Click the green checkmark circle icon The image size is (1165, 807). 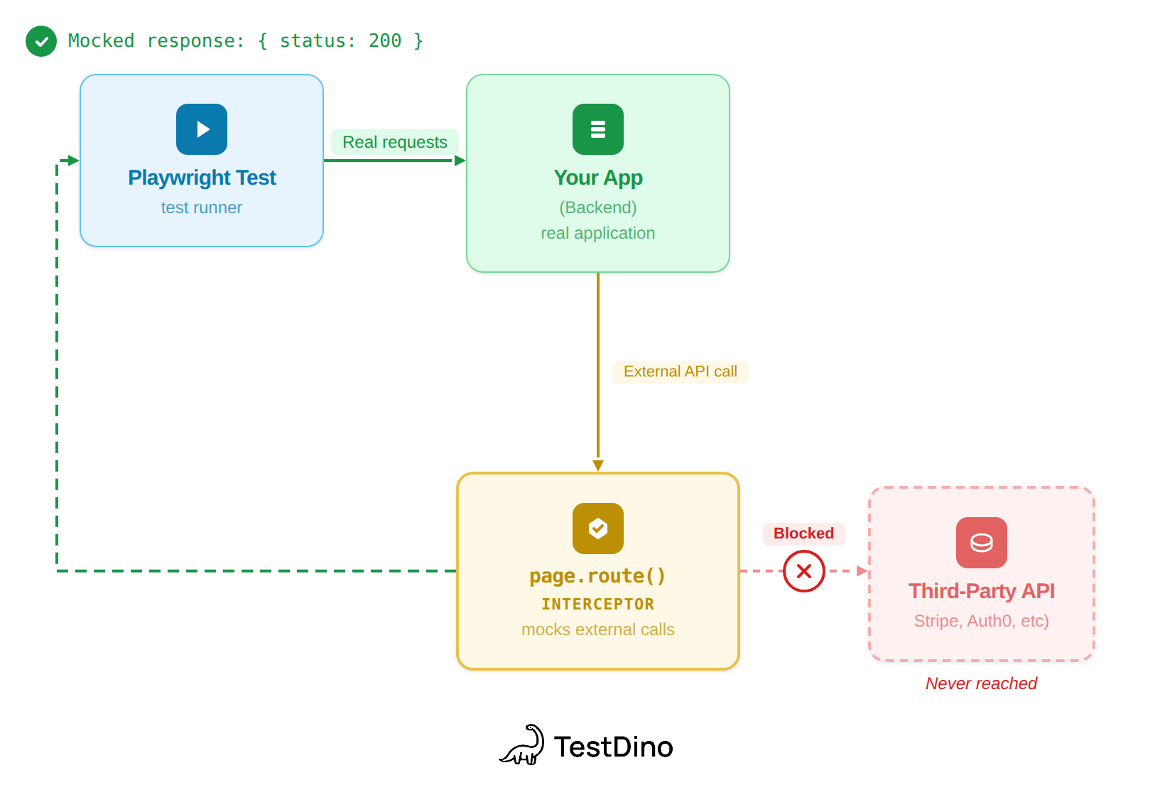pyautogui.click(x=41, y=41)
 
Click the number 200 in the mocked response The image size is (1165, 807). pyautogui.click(x=384, y=41)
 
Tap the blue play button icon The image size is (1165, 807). pyautogui.click(x=202, y=129)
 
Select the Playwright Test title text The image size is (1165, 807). pyautogui.click(x=202, y=178)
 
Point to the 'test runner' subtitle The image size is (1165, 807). pyautogui.click(x=202, y=207)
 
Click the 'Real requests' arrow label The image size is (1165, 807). pyautogui.click(x=395, y=142)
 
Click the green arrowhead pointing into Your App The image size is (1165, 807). pyautogui.click(x=460, y=161)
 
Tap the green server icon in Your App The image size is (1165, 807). pyautogui.click(x=598, y=129)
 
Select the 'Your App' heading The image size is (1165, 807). pyautogui.click(x=598, y=178)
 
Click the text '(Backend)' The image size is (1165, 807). pyautogui.click(x=598, y=207)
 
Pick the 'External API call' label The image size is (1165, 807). pyautogui.click(x=680, y=372)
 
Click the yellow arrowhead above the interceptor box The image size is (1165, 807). pyautogui.click(x=598, y=465)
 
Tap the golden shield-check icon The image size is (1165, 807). pyautogui.click(x=598, y=529)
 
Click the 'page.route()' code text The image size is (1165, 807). pyautogui.click(x=598, y=575)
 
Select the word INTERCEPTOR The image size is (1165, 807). pyautogui.click(x=598, y=605)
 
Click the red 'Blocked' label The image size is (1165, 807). pyautogui.click(x=803, y=534)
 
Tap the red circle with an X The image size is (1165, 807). pyautogui.click(x=803, y=571)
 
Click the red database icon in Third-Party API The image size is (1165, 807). pyautogui.click(x=981, y=543)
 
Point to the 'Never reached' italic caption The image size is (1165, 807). pyautogui.click(x=981, y=683)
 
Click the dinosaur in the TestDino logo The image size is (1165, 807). pyautogui.click(x=524, y=746)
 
